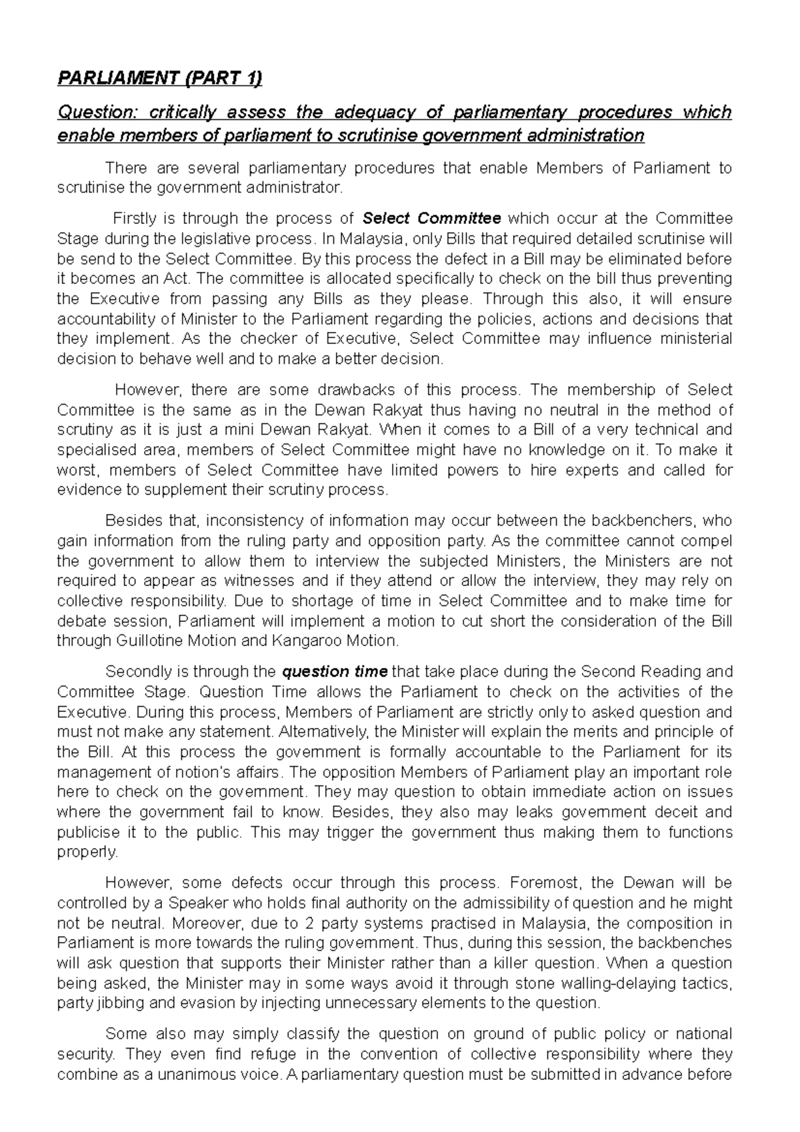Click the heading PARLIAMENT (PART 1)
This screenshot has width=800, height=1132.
160,79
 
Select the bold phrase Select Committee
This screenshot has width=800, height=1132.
431,218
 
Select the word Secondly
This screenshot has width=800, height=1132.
136,671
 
